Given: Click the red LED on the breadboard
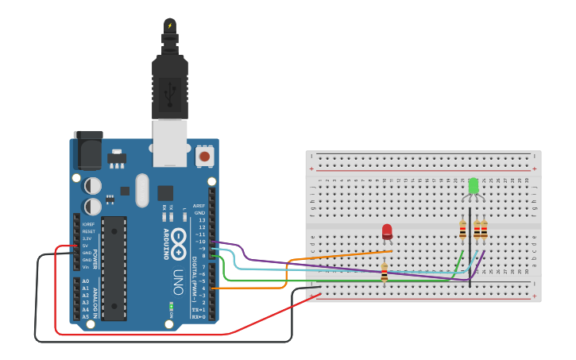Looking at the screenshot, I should [387, 231].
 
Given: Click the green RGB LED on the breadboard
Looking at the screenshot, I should [474, 186].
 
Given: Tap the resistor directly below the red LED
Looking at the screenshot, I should [385, 273].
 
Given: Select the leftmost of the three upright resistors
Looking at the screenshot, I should [463, 230].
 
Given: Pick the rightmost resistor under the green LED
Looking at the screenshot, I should [484, 230].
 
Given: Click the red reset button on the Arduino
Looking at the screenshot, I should [204, 157].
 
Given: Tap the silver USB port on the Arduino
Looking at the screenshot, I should [170, 143].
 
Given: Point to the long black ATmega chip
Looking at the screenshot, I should [114, 267].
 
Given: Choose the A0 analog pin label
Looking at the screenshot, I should [85, 281].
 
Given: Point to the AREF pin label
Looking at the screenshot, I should [199, 206].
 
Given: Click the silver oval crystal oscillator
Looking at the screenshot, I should [142, 190].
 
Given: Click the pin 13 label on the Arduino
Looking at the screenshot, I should [202, 220].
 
